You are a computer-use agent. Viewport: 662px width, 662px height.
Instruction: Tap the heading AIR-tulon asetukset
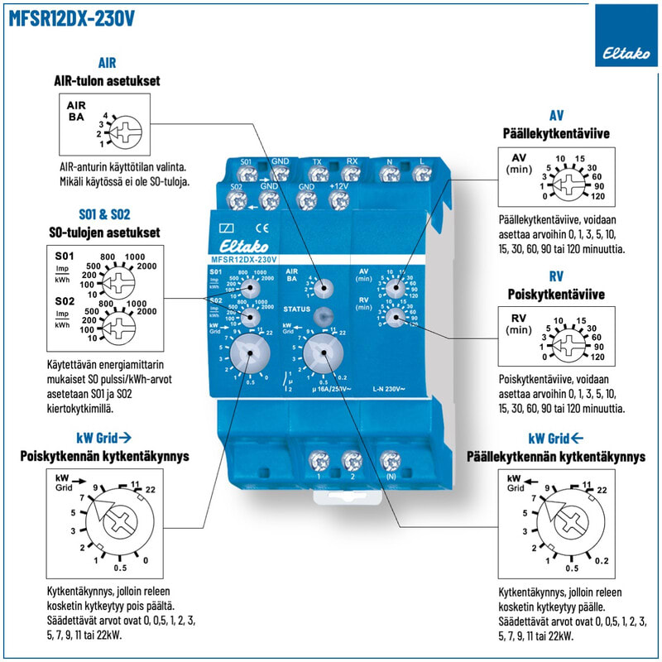pos(107,81)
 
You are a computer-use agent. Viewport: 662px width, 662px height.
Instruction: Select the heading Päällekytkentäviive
pos(555,132)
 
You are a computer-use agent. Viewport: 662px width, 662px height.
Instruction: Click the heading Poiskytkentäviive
pos(555,294)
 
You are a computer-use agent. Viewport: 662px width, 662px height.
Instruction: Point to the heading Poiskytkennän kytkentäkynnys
pos(105,455)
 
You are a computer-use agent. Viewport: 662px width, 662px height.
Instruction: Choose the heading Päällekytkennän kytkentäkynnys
pos(555,455)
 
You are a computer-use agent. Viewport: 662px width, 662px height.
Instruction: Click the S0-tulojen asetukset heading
pos(105,232)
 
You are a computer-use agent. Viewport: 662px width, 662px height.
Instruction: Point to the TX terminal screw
pos(317,174)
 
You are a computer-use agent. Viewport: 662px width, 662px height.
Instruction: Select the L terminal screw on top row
pos(422,174)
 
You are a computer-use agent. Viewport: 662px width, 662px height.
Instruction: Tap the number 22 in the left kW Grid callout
pos(150,490)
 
